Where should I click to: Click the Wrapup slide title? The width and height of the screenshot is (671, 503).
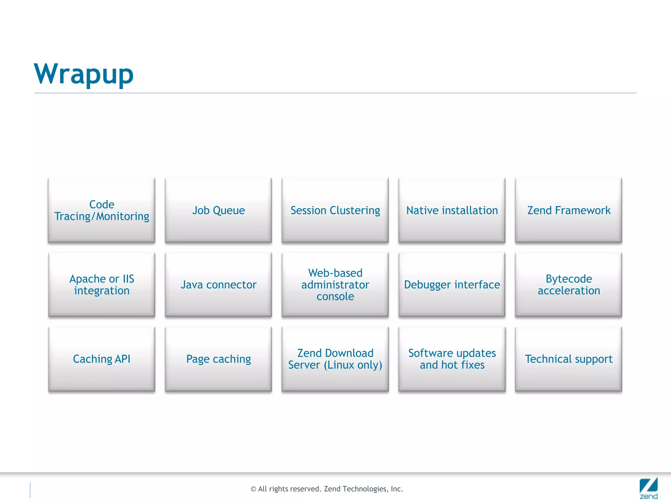pyautogui.click(x=84, y=74)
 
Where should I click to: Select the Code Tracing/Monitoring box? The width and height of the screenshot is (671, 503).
pyautogui.click(x=102, y=210)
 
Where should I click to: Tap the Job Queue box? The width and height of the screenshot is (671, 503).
pyautogui.click(x=218, y=210)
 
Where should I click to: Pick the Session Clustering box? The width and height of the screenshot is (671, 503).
pyautogui.click(x=335, y=210)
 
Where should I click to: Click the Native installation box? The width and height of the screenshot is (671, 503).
pyautogui.click(x=452, y=210)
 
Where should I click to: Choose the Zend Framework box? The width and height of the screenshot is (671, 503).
pyautogui.click(x=568, y=210)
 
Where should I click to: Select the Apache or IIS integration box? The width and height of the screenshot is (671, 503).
pyautogui.click(x=102, y=285)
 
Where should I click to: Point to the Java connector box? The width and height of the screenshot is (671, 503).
pyautogui.click(x=218, y=285)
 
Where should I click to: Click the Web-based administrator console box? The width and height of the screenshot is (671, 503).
pyautogui.click(x=335, y=285)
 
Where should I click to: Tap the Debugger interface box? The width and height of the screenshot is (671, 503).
pyautogui.click(x=452, y=285)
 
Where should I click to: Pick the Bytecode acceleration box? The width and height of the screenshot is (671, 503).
pyautogui.click(x=568, y=285)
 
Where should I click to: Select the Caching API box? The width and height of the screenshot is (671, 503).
pyautogui.click(x=102, y=359)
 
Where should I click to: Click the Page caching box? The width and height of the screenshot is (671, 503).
pyautogui.click(x=218, y=359)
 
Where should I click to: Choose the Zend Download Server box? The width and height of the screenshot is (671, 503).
pyautogui.click(x=335, y=359)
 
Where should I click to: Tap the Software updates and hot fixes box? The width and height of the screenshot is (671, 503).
pyautogui.click(x=452, y=359)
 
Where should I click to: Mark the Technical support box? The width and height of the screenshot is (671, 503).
pyautogui.click(x=568, y=359)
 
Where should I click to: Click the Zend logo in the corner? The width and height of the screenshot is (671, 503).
pyautogui.click(x=648, y=488)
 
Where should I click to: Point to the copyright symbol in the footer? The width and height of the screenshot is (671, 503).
pyautogui.click(x=253, y=489)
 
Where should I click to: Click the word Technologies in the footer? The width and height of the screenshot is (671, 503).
pyautogui.click(x=365, y=489)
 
